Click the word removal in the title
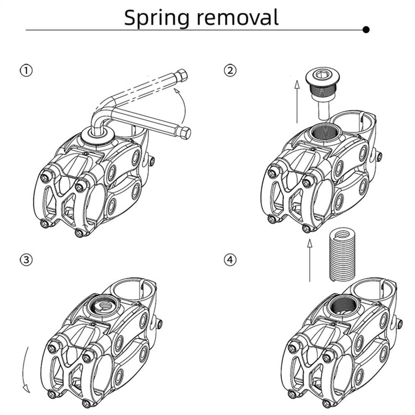pyautogui.click(x=238, y=17)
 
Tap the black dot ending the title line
pyautogui.click(x=366, y=29)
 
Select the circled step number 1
pyautogui.click(x=26, y=71)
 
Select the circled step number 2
pyautogui.click(x=230, y=71)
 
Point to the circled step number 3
pyautogui.click(x=26, y=260)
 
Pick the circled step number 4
pyautogui.click(x=230, y=260)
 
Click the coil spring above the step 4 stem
pyautogui.click(x=342, y=254)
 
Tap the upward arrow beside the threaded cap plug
pyautogui.click(x=297, y=102)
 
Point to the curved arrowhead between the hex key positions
pyautogui.click(x=176, y=92)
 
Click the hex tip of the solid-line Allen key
pyautogui.click(x=185, y=133)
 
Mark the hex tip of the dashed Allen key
pyautogui.click(x=182, y=75)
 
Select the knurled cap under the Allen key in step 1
pyautogui.click(x=98, y=136)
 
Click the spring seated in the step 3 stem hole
pyautogui.click(x=103, y=306)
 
